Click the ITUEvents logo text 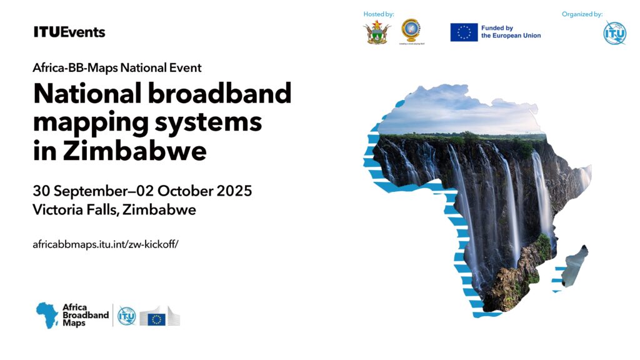pos(69,32)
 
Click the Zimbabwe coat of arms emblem pos(377,32)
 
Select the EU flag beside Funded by pos(464,32)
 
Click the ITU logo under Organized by pos(614,33)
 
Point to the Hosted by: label pos(379,14)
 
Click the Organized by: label pos(582,14)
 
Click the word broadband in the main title pos(219,93)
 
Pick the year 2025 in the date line pos(234,191)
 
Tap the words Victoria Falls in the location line pos(76,210)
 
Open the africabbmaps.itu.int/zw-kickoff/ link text pos(105,244)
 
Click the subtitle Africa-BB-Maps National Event pos(117,67)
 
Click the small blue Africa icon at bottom pos(47,315)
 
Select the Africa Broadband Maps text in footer pos(86,315)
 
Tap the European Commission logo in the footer pos(159,316)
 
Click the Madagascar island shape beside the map pos(574,265)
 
